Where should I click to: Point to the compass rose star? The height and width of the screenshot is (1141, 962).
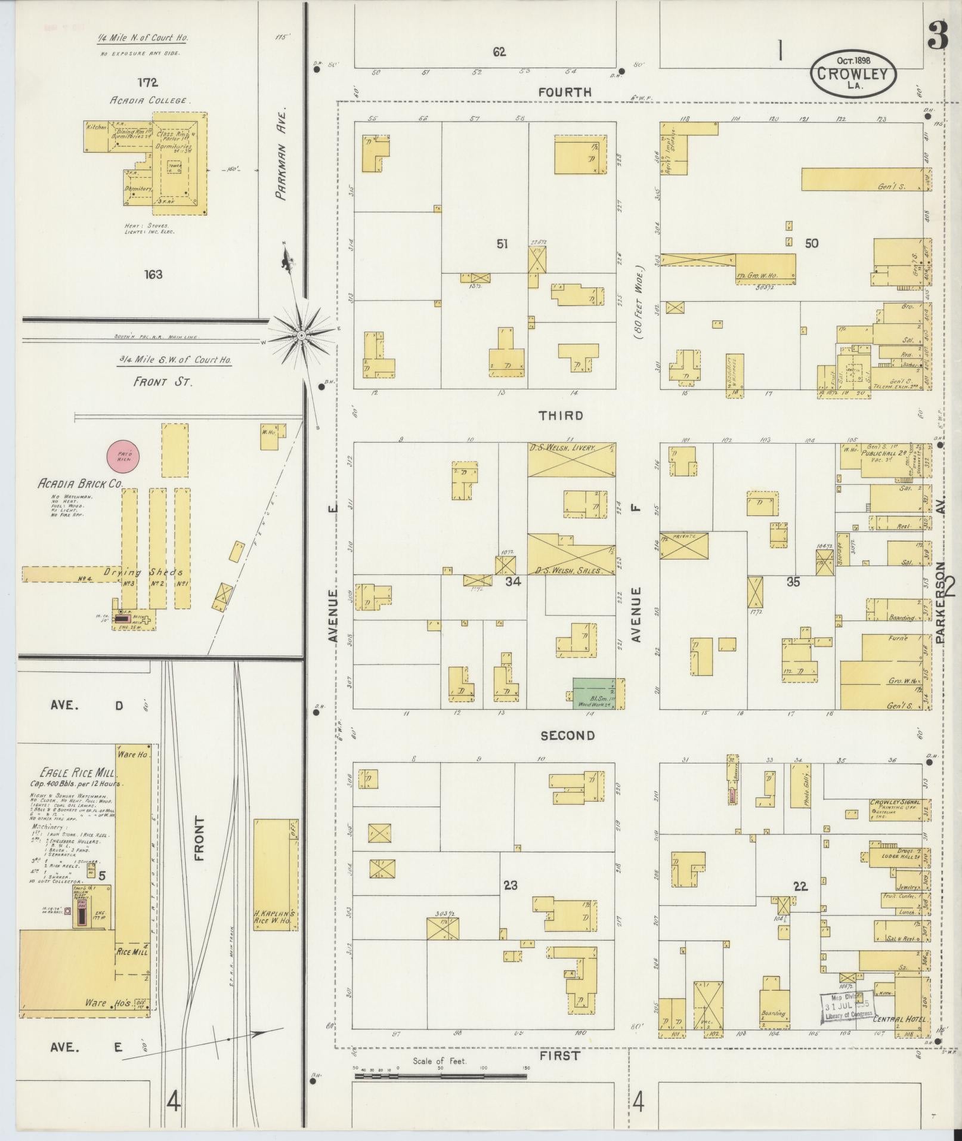click(302, 335)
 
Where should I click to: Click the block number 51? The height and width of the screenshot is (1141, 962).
click(502, 243)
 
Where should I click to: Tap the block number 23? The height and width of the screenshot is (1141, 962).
click(510, 885)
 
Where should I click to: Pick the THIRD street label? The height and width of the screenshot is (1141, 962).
click(561, 416)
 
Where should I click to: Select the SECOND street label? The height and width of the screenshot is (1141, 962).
click(567, 735)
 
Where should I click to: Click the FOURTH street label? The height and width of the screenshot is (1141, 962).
click(565, 92)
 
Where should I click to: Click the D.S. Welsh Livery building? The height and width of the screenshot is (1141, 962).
click(571, 460)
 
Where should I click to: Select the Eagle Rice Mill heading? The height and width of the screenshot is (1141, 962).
click(75, 772)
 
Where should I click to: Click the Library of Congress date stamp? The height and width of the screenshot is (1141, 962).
click(848, 1007)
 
